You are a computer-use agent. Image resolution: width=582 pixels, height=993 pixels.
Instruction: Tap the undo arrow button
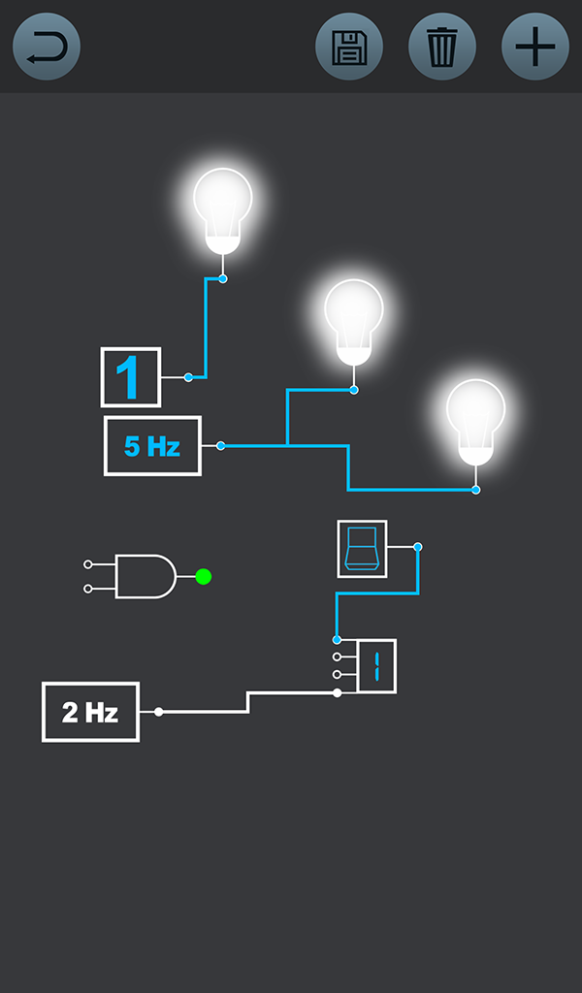(47, 47)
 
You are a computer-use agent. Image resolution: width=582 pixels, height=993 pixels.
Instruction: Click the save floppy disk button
(349, 47)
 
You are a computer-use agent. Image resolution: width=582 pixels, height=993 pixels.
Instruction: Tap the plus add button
(535, 47)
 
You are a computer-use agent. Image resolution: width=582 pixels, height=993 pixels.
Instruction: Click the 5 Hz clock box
(152, 446)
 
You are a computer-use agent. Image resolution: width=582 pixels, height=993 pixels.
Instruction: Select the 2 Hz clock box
(90, 712)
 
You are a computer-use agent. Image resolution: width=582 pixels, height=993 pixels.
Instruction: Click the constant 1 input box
(130, 377)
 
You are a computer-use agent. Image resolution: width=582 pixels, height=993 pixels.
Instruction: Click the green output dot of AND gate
(203, 577)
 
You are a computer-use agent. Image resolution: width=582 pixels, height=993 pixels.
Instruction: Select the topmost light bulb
(223, 208)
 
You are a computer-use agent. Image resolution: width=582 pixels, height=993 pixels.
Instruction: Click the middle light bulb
(354, 318)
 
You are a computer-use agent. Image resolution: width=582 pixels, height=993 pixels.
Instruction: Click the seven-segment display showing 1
(376, 666)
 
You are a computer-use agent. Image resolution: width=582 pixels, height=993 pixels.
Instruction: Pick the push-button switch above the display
(362, 549)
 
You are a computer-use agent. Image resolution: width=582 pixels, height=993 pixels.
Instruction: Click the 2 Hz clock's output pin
(158, 712)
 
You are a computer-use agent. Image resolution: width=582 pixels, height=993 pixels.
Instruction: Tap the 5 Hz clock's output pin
(221, 446)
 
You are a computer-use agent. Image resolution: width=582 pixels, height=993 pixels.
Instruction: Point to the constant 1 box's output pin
(188, 377)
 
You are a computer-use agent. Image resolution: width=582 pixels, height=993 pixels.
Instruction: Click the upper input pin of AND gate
(88, 563)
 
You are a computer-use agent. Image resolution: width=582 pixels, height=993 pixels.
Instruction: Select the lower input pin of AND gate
(88, 589)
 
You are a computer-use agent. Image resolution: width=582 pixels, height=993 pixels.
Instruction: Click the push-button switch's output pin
(418, 547)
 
